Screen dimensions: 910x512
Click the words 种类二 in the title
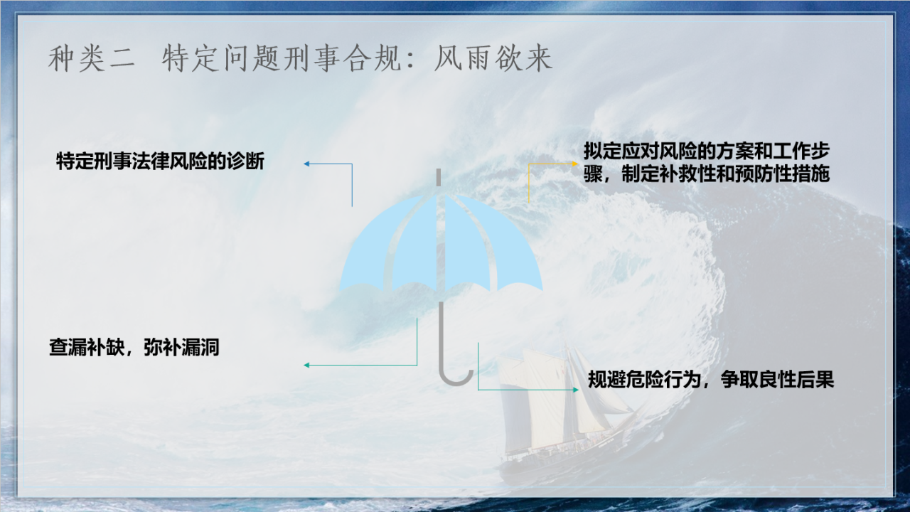point(92,59)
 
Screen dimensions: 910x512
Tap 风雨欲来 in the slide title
point(493,59)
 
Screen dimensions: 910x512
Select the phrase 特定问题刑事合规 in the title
point(282,59)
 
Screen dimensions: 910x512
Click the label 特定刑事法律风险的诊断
point(161,161)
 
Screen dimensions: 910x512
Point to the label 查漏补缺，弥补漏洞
point(134,348)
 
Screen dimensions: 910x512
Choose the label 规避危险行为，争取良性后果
point(711,380)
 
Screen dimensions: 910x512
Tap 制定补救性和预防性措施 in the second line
point(725,174)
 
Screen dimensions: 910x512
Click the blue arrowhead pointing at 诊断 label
point(306,164)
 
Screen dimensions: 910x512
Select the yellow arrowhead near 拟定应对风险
point(575,164)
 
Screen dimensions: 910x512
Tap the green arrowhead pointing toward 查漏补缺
point(306,366)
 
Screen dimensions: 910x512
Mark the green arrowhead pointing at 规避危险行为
point(576,390)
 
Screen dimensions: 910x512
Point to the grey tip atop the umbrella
point(439,178)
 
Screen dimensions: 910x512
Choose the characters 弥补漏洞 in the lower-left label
point(181,348)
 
